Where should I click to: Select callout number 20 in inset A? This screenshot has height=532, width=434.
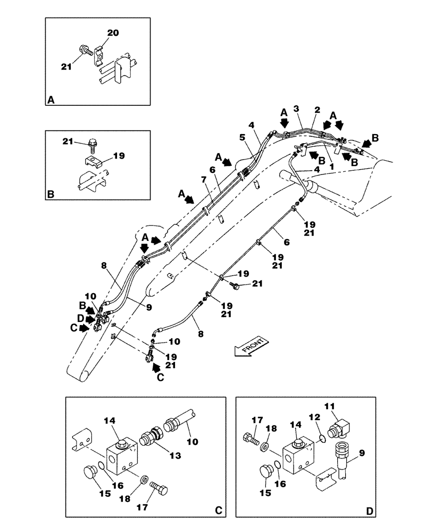click(x=113, y=33)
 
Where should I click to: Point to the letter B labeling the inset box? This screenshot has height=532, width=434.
click(x=51, y=194)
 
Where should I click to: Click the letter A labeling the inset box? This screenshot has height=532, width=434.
click(x=51, y=99)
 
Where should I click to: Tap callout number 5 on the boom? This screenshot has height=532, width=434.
click(x=242, y=137)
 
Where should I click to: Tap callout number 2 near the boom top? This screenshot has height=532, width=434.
click(x=317, y=110)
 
